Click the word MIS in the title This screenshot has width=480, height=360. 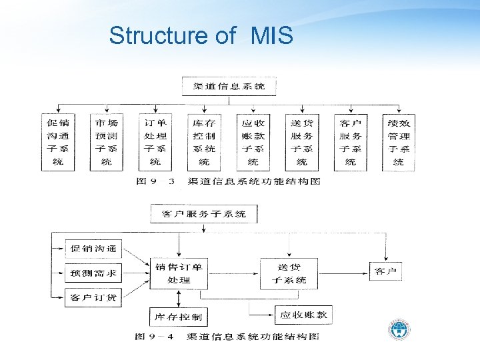point(271,36)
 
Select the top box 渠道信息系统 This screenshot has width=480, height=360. point(229,87)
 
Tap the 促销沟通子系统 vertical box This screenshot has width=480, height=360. point(59,142)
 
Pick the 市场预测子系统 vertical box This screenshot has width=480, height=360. point(107,142)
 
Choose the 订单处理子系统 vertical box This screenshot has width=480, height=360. point(155,142)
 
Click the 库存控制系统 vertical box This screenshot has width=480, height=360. point(204,142)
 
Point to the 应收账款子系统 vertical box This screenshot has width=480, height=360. point(253,142)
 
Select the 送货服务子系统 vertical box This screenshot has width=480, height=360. point(302,142)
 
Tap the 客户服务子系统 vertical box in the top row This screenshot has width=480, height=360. point(351,142)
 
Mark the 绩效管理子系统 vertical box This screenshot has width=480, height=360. point(399,142)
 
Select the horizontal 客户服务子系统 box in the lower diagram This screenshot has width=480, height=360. point(204,214)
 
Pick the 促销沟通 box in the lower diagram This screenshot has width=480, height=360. point(93,249)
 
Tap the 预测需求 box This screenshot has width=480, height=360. point(93,273)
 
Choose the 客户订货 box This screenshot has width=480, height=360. point(93,297)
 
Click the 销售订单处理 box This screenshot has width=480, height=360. point(179,273)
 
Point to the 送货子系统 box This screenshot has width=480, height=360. point(290,273)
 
